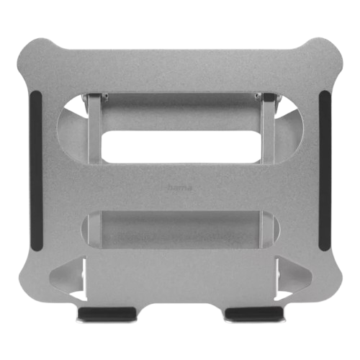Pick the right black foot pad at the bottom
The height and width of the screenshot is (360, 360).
click(253, 313)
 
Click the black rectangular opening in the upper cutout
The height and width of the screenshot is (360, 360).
click(180, 147)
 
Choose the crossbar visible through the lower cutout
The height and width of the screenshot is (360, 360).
click(180, 230)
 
